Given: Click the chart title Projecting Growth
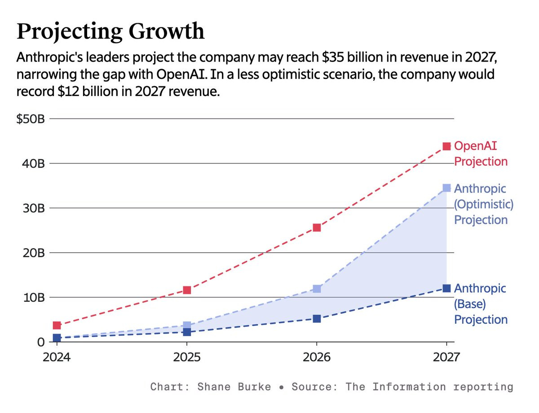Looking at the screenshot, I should click(x=110, y=31).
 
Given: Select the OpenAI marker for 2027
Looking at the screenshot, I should click(x=446, y=146).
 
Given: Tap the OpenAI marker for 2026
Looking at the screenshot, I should click(x=317, y=228).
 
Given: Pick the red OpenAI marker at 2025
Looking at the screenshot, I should click(x=187, y=290).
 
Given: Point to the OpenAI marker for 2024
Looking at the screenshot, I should click(x=57, y=325).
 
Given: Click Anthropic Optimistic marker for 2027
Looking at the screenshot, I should click(x=446, y=188).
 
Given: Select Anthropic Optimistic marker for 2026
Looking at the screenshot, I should click(x=317, y=289).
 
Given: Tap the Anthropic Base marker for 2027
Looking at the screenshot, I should click(x=446, y=288).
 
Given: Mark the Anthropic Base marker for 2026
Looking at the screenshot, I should click(x=317, y=319).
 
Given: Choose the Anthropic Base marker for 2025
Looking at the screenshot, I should click(x=187, y=332).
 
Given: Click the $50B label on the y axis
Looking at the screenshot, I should click(x=30, y=119).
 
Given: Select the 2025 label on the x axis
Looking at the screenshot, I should click(x=186, y=357).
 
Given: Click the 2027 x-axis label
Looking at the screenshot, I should click(x=446, y=357).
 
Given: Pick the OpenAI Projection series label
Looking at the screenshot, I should click(x=481, y=154).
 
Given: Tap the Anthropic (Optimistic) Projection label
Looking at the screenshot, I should click(x=483, y=204).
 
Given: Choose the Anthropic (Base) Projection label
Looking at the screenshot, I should click(x=481, y=304).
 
